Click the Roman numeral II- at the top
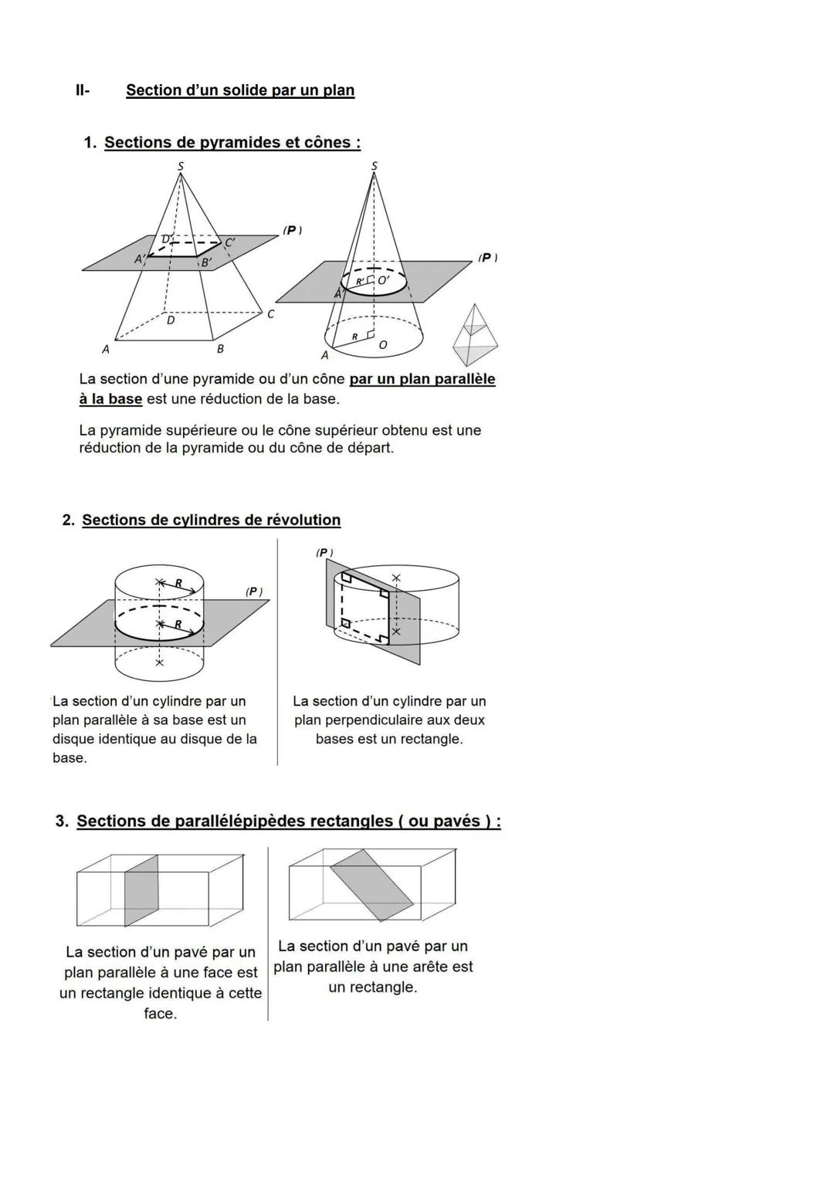pyautogui.click(x=83, y=90)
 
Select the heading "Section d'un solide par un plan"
pyautogui.click(x=240, y=90)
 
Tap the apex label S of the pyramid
pyautogui.click(x=181, y=164)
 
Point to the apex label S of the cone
pyautogui.click(x=375, y=165)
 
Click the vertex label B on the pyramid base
pyautogui.click(x=220, y=349)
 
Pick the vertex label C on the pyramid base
pyautogui.click(x=270, y=314)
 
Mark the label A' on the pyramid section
pyautogui.click(x=140, y=259)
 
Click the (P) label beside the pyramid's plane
pyautogui.click(x=292, y=230)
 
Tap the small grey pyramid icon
pyautogui.click(x=476, y=335)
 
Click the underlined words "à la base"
pyautogui.click(x=110, y=399)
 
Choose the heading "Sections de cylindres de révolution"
pyautogui.click(x=211, y=520)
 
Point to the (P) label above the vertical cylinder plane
pyautogui.click(x=324, y=552)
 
